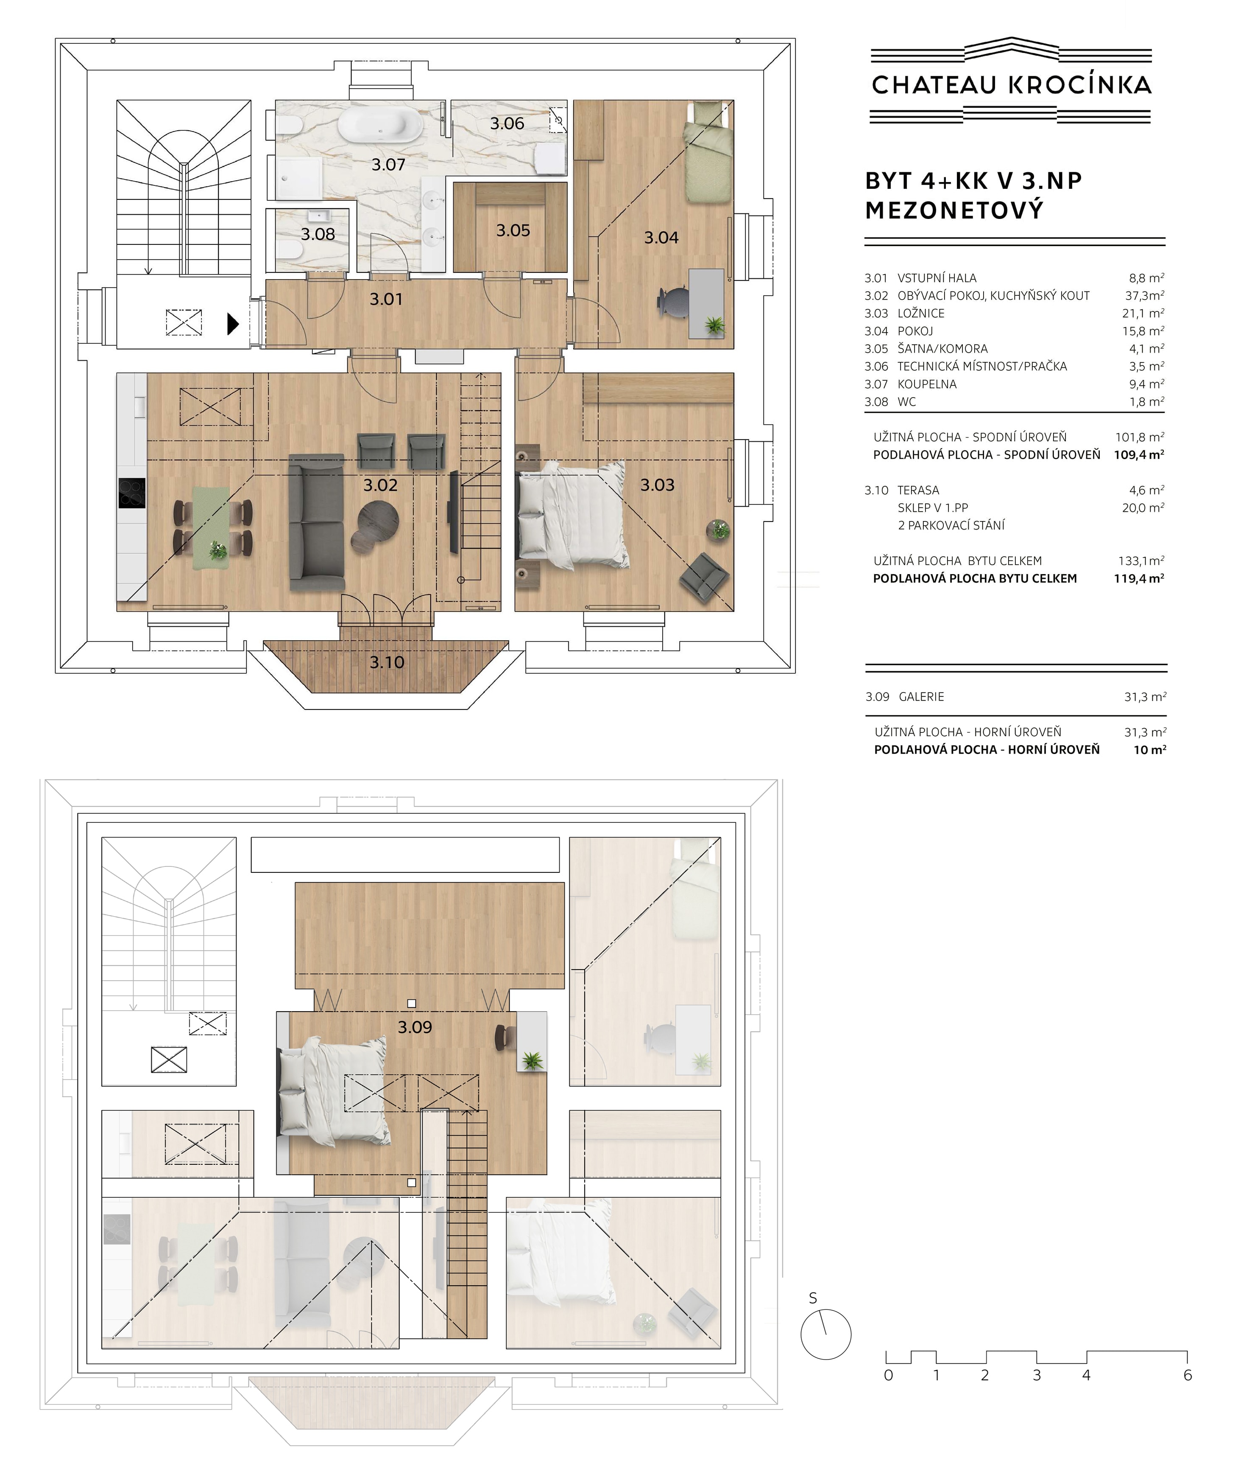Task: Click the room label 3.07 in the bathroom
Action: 388,165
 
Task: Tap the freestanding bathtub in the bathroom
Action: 380,126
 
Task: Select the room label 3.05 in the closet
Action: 513,230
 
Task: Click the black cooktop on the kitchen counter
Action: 132,492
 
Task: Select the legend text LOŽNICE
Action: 921,313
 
